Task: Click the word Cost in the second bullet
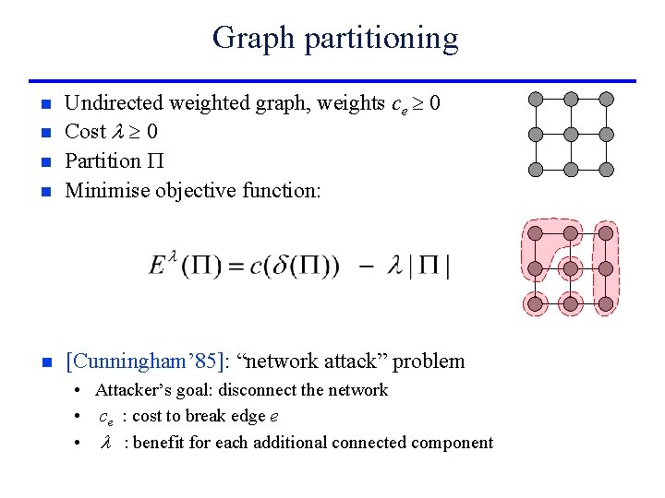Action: click(86, 132)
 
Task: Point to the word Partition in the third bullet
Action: click(102, 160)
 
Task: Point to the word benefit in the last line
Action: click(163, 443)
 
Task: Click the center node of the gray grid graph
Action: click(571, 135)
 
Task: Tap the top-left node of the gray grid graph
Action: click(536, 99)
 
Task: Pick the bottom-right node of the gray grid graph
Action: click(606, 170)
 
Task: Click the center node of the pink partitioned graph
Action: click(571, 268)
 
